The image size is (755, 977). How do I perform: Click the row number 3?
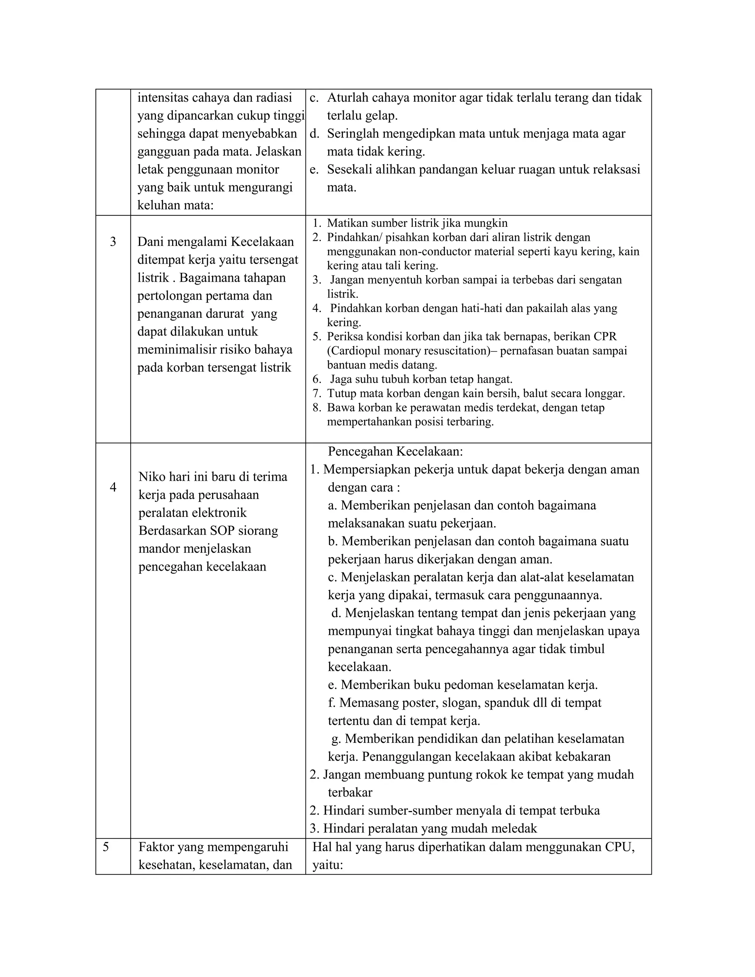[x=113, y=242]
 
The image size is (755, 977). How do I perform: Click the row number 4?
[x=113, y=487]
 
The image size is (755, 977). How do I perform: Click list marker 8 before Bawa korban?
[x=317, y=407]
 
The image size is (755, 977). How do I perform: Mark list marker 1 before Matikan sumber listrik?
[x=317, y=223]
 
